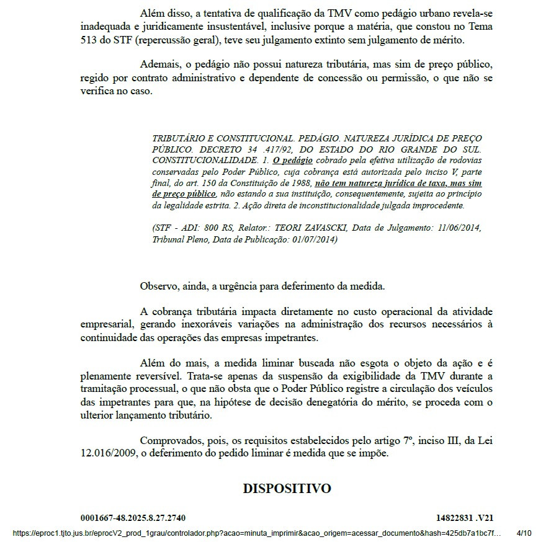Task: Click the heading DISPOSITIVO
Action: pyautogui.click(x=287, y=489)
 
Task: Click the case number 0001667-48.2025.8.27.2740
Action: pyautogui.click(x=133, y=518)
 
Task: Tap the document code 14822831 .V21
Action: pyautogui.click(x=465, y=518)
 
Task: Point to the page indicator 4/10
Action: pyautogui.click(x=524, y=533)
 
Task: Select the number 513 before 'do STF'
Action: pyautogui.click(x=90, y=40)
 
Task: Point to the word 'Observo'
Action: pyautogui.click(x=159, y=286)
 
